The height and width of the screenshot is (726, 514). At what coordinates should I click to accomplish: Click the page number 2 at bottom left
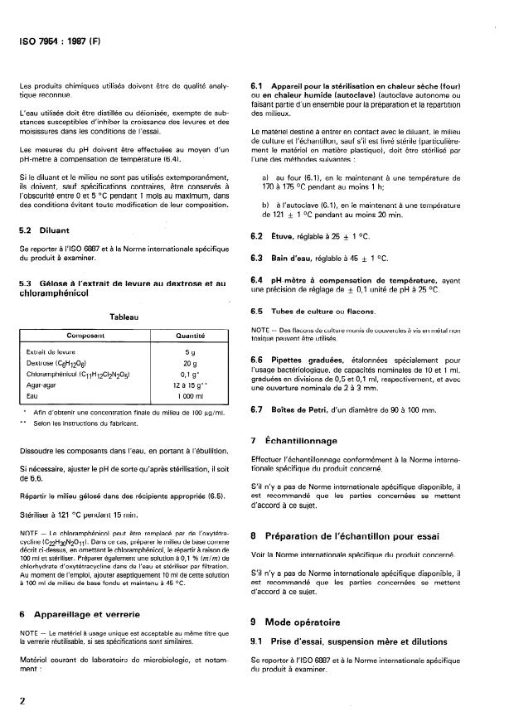(x=22, y=699)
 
